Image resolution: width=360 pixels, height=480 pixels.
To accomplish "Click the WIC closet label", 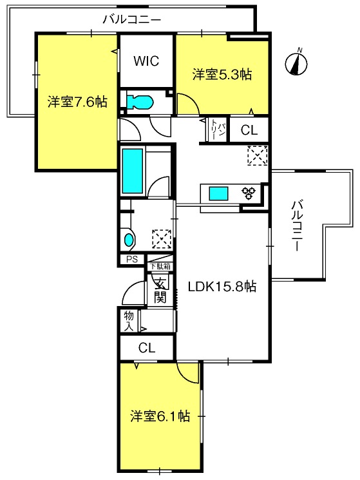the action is click(x=146, y=61).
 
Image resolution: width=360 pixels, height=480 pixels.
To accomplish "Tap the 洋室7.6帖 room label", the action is click(x=77, y=102).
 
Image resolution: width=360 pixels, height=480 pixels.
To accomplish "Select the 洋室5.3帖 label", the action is click(x=222, y=74).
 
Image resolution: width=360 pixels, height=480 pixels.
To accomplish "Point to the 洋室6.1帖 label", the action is click(x=160, y=416).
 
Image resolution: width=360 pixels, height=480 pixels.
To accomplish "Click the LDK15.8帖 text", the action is click(x=222, y=287).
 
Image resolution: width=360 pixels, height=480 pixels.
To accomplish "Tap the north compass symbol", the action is click(x=296, y=62).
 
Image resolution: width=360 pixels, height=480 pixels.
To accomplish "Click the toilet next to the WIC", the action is click(x=140, y=102).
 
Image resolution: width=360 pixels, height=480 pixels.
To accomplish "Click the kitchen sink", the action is click(x=218, y=194).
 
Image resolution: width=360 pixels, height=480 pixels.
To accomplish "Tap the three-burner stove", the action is click(x=249, y=193).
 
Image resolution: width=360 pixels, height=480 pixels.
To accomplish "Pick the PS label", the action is click(x=132, y=260).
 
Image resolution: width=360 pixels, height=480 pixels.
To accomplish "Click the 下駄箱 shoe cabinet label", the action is click(x=160, y=266).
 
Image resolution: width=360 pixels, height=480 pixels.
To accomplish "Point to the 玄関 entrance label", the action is click(x=160, y=291).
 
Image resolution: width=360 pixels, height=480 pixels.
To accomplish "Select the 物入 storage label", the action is click(x=129, y=321).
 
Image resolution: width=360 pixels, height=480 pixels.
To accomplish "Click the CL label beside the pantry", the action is click(x=249, y=130).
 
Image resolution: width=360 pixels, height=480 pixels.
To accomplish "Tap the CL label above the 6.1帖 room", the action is click(x=146, y=348).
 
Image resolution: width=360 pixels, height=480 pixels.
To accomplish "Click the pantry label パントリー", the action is click(x=218, y=130).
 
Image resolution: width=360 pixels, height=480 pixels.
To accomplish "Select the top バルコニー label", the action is click(x=132, y=20).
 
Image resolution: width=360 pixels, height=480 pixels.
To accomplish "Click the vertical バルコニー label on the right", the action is click(x=298, y=226).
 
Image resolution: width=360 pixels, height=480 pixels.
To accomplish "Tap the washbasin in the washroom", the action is click(x=129, y=239).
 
